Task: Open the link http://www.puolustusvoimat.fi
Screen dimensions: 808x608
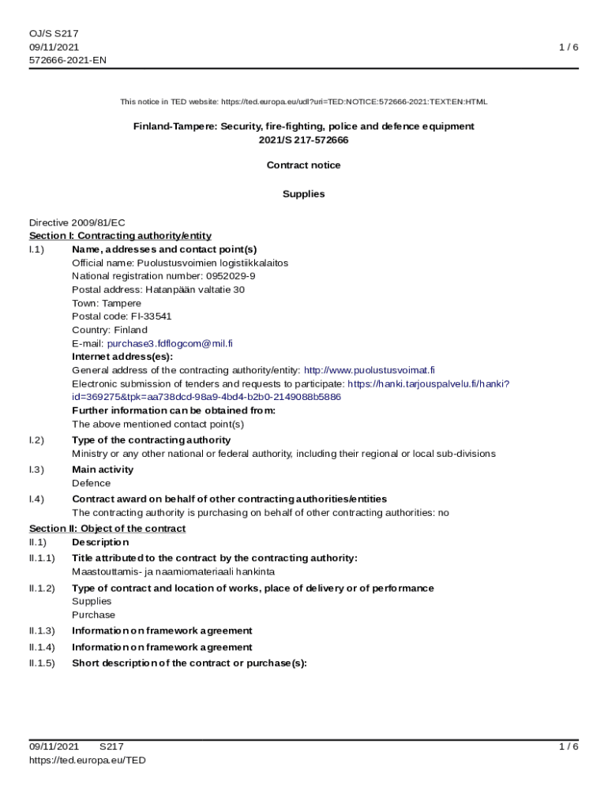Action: coord(370,370)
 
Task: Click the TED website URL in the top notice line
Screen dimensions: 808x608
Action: coord(354,102)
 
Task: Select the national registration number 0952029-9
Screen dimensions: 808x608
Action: coord(231,276)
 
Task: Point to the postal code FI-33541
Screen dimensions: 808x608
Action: coord(145,316)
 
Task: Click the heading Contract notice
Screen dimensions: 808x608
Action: coord(304,165)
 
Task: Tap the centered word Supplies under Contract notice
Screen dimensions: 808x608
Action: coord(304,194)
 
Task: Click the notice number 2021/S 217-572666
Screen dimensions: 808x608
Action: coord(304,140)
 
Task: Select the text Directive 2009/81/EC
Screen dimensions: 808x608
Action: coord(77,223)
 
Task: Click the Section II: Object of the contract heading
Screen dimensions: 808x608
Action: coord(107,529)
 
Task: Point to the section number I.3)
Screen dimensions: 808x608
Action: coord(36,469)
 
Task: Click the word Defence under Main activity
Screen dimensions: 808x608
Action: coord(92,483)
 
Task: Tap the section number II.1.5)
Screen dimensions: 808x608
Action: coord(42,663)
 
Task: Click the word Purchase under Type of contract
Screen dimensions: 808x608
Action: coord(93,615)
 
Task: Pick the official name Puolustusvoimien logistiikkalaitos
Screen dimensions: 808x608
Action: coord(212,263)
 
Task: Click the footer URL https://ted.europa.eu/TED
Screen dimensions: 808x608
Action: coord(88,760)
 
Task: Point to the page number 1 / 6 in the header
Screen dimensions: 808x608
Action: coord(569,47)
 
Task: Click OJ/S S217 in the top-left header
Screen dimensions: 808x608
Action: coord(54,33)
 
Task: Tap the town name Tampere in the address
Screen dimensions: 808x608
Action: coord(123,303)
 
